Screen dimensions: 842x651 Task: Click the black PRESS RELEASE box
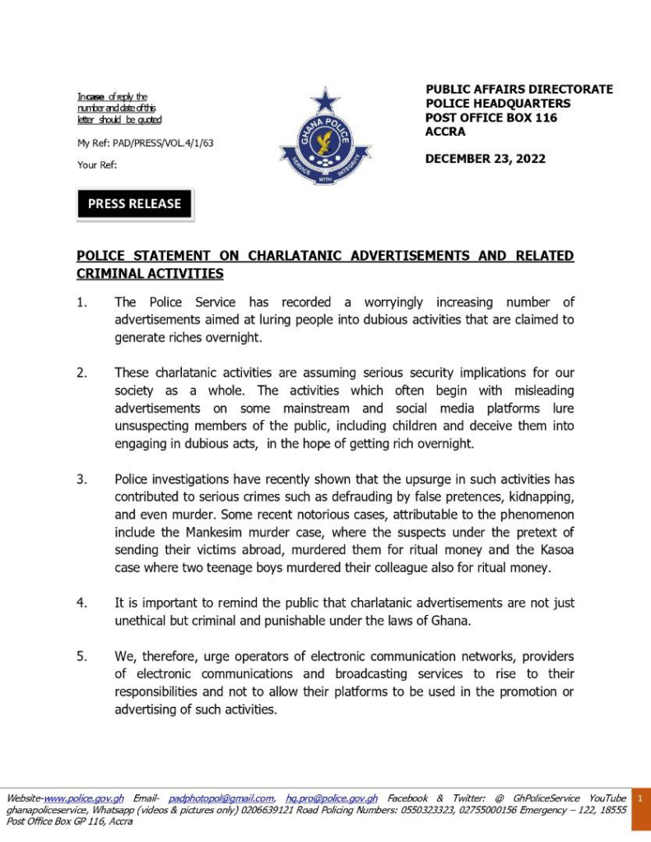pos(134,204)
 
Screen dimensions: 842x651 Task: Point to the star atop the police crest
pos(325,100)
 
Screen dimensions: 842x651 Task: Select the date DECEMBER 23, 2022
pos(485,159)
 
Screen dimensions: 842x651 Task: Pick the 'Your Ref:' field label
pos(97,164)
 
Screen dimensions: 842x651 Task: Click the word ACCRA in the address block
pos(445,132)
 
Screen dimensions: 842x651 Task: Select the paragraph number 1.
pos(81,303)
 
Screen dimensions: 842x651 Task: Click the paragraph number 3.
pos(81,479)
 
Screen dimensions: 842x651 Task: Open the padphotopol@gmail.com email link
pos(221,798)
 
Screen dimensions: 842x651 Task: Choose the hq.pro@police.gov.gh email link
pos(332,798)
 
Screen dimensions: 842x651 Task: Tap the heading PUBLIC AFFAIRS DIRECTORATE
pos(518,90)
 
